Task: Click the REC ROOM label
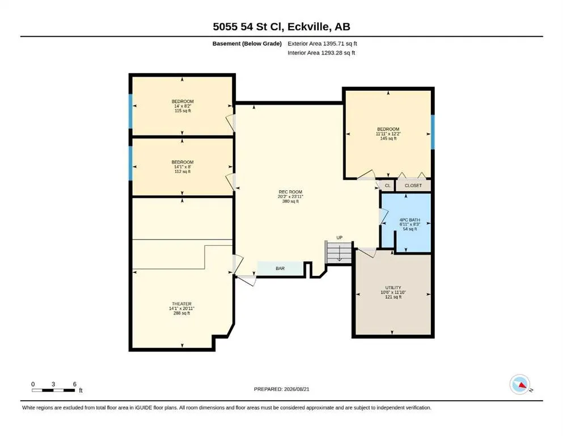click(290, 196)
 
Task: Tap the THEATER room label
click(181, 308)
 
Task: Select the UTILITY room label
click(393, 292)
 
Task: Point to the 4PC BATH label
click(410, 224)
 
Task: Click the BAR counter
click(281, 269)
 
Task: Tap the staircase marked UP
click(338, 252)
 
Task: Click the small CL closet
click(387, 186)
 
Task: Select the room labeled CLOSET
click(413, 186)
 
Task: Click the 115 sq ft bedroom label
click(183, 106)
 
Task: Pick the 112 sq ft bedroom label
click(183, 167)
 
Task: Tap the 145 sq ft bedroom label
click(388, 134)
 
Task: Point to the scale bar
click(54, 390)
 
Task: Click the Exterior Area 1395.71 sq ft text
click(322, 44)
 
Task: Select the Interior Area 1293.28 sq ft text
click(321, 53)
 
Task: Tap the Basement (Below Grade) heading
click(247, 44)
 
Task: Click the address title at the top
click(281, 27)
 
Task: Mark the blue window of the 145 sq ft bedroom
click(433, 132)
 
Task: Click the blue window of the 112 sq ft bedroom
click(131, 163)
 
